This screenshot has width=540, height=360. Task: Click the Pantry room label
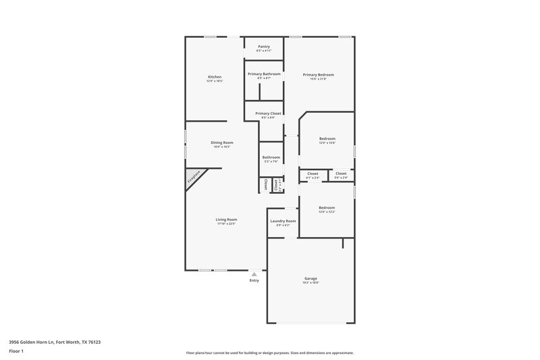click(263, 47)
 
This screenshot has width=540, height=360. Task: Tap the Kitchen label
click(215, 78)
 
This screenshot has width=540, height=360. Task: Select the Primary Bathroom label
click(263, 74)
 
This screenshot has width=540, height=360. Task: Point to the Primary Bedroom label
click(318, 75)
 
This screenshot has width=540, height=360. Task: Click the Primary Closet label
click(268, 113)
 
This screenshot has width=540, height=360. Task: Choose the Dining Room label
click(221, 143)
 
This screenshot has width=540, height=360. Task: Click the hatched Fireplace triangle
click(194, 178)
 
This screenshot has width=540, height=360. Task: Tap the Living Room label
click(226, 220)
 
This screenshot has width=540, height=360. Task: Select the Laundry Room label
click(283, 221)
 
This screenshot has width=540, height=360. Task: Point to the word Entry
click(254, 280)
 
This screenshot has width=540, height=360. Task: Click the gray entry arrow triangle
click(254, 274)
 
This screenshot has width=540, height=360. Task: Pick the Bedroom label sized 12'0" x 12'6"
click(327, 138)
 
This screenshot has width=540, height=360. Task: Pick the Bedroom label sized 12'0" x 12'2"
click(327, 208)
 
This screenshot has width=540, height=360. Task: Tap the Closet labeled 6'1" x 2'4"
click(313, 174)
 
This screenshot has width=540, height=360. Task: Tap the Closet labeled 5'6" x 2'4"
click(341, 174)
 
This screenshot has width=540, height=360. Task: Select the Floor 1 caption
click(17, 352)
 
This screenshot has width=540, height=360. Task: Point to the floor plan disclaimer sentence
click(269, 353)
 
